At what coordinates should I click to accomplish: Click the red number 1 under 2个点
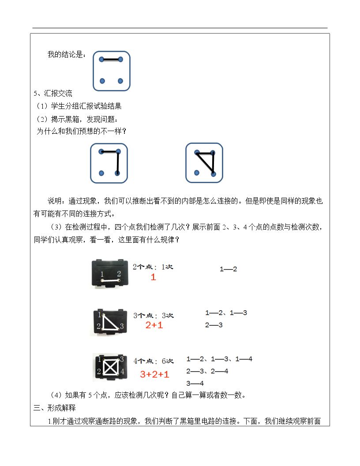click(x=153, y=277)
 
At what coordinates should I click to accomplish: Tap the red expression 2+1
click(x=154, y=325)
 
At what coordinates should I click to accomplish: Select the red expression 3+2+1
click(x=154, y=374)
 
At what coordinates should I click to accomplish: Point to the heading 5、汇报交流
click(x=53, y=93)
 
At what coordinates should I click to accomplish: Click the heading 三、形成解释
click(x=55, y=408)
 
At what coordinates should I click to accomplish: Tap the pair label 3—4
click(x=195, y=383)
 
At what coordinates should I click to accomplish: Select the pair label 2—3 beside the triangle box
click(x=214, y=325)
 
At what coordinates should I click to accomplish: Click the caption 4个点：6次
click(x=154, y=361)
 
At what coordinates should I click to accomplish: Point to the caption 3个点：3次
click(x=153, y=316)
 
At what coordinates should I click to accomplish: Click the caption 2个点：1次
click(x=153, y=267)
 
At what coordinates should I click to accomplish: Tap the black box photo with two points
click(x=110, y=274)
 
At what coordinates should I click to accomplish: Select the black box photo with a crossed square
click(x=110, y=367)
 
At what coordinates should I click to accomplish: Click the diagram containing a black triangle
click(x=204, y=163)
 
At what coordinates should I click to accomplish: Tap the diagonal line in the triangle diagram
click(x=205, y=163)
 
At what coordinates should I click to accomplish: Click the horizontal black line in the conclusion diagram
click(x=111, y=60)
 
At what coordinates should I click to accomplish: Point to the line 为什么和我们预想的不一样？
click(x=81, y=131)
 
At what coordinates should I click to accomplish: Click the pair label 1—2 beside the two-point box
click(x=228, y=269)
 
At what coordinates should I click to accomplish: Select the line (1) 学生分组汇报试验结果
click(x=79, y=106)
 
